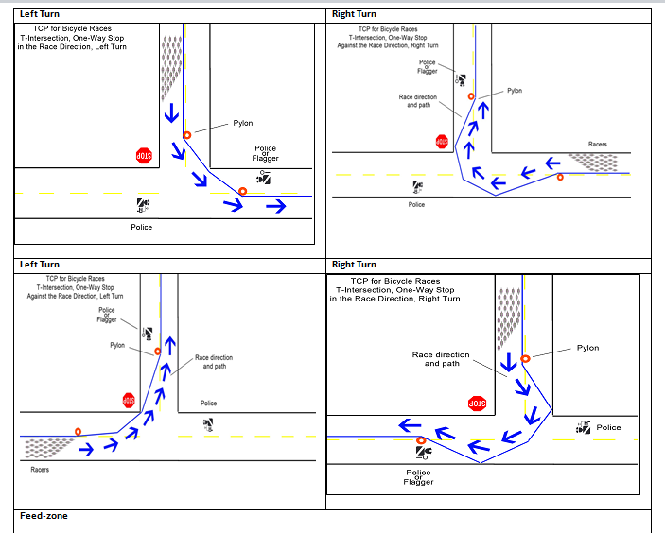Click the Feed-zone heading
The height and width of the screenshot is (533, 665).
(x=44, y=516)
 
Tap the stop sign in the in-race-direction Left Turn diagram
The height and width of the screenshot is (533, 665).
(x=144, y=155)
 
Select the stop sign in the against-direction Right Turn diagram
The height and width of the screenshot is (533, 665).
(x=442, y=141)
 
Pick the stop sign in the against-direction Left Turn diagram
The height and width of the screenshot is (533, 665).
(x=129, y=401)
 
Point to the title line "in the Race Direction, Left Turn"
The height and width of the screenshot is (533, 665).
(x=72, y=46)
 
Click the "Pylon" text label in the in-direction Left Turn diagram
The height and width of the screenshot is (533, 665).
(x=243, y=123)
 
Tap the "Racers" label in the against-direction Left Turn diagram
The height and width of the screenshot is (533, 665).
(x=40, y=470)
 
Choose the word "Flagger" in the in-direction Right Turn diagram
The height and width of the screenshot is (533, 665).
(x=418, y=482)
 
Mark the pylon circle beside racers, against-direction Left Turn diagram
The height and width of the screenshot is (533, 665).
(x=78, y=432)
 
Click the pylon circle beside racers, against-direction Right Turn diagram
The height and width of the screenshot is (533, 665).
(x=560, y=177)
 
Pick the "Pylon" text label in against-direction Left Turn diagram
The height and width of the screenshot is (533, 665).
(x=117, y=346)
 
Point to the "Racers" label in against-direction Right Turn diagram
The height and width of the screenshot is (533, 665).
(x=598, y=145)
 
